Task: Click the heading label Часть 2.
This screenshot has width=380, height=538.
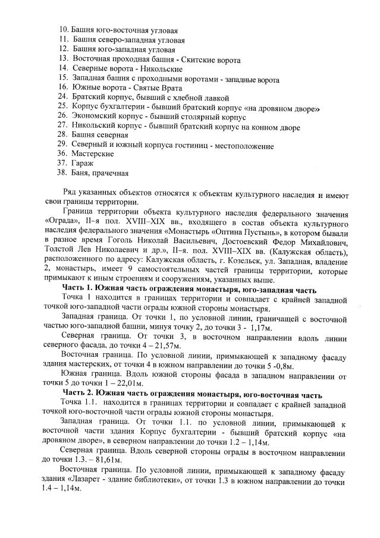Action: pos(79,395)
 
